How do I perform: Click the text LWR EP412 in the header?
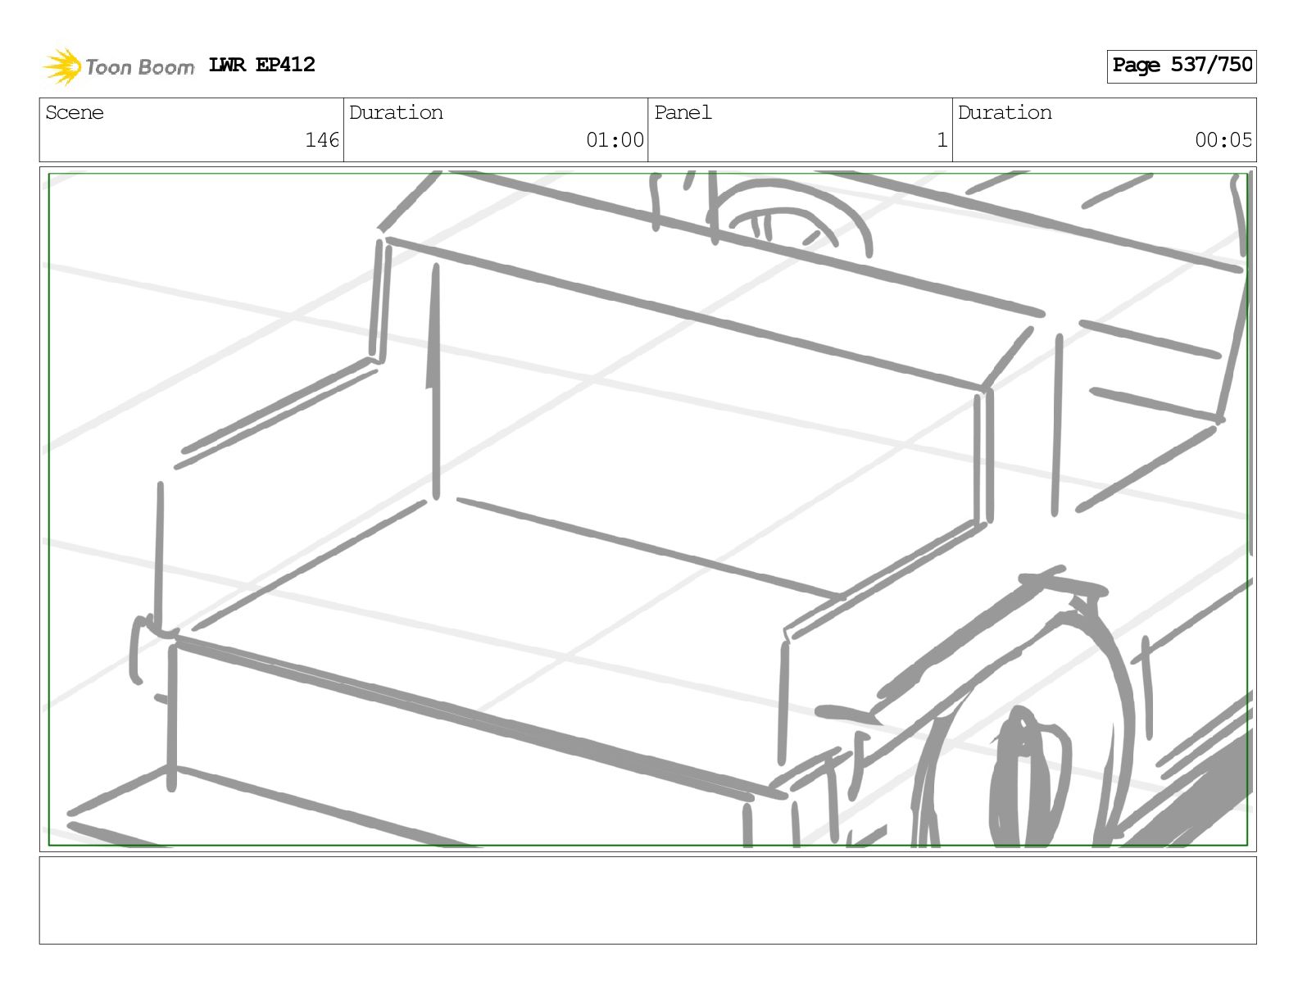(261, 65)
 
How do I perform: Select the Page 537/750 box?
(1181, 66)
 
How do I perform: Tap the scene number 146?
(322, 140)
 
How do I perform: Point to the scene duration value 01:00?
(615, 140)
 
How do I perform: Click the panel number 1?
(942, 140)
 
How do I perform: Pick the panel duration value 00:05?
(1223, 140)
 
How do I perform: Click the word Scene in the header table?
(75, 112)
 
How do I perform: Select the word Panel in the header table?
(683, 112)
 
